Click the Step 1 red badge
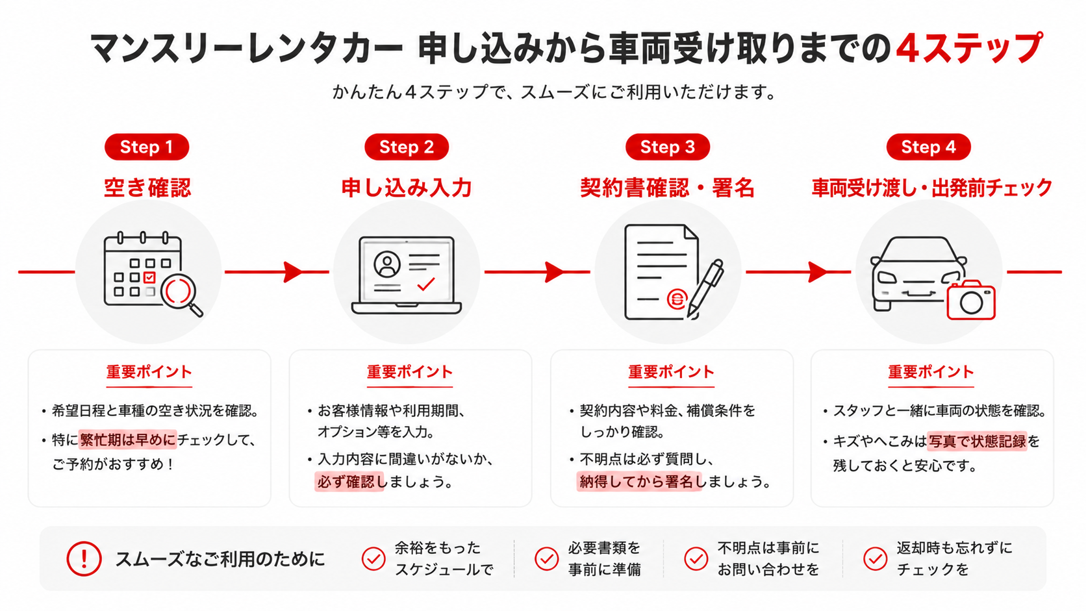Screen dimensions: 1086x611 click(x=147, y=147)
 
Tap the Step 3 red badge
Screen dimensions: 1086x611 click(x=668, y=147)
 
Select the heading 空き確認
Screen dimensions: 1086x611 click(x=147, y=188)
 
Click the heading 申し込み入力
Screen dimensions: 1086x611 click(x=407, y=188)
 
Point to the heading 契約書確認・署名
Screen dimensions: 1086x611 click(x=667, y=188)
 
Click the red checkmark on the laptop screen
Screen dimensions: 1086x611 click(x=425, y=284)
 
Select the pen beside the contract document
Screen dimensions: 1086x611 click(x=705, y=289)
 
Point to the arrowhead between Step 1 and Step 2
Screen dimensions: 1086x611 click(x=293, y=272)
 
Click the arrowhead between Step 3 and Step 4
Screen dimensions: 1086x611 click(x=817, y=272)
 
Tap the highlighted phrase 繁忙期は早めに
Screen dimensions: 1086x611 click(x=127, y=440)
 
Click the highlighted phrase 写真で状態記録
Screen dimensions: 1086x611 click(x=977, y=441)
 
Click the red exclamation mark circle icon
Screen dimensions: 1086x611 click(x=84, y=558)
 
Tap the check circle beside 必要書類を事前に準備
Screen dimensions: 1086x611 click(x=546, y=558)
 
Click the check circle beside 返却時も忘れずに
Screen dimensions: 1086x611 click(x=875, y=558)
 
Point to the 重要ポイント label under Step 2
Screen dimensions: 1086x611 click(x=410, y=371)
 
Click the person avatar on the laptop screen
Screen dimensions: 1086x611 click(x=387, y=264)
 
